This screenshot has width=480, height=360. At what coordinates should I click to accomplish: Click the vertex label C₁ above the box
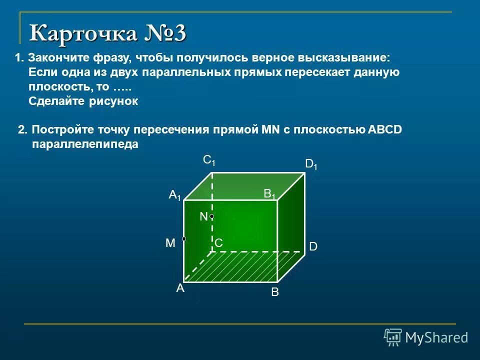click(209, 160)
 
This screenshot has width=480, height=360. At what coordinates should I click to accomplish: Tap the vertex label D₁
click(311, 164)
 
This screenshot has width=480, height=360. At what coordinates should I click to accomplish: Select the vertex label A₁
click(174, 195)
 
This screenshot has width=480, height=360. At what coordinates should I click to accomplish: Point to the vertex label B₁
click(270, 194)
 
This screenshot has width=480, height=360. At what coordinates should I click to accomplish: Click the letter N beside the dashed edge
click(203, 216)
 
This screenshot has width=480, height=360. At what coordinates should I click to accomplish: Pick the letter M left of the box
click(170, 243)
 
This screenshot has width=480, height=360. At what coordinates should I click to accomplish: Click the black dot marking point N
click(212, 216)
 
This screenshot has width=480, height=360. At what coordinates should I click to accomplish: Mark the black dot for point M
click(184, 239)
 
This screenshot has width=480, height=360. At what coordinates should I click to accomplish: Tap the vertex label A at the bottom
click(179, 288)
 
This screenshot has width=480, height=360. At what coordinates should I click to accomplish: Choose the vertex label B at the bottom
click(274, 292)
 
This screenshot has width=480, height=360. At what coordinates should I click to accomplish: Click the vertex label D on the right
click(313, 247)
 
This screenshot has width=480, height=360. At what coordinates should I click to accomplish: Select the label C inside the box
click(218, 243)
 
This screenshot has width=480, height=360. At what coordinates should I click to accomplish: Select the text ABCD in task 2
click(384, 130)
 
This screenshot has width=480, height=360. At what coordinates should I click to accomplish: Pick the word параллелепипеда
click(85, 144)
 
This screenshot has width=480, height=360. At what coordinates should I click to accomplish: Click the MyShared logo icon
click(393, 337)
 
